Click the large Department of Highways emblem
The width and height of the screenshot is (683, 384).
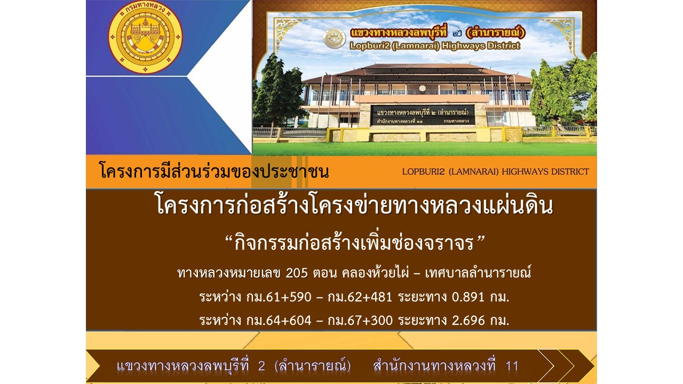click(145, 37)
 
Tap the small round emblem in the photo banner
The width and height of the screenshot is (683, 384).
click(334, 39)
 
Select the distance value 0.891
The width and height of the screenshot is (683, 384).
click(468, 297)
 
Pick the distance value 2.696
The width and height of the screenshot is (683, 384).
click(468, 321)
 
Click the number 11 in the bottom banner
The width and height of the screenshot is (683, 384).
click(512, 366)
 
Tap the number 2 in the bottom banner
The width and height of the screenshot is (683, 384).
click(261, 366)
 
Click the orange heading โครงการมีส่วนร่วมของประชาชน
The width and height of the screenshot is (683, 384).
click(214, 171)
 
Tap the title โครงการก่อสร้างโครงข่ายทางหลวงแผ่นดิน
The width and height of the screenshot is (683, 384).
click(355, 205)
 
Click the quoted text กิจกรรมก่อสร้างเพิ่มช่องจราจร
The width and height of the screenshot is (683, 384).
click(354, 244)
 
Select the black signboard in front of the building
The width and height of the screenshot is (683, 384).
click(423, 115)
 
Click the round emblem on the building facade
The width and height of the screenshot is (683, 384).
click(422, 89)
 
